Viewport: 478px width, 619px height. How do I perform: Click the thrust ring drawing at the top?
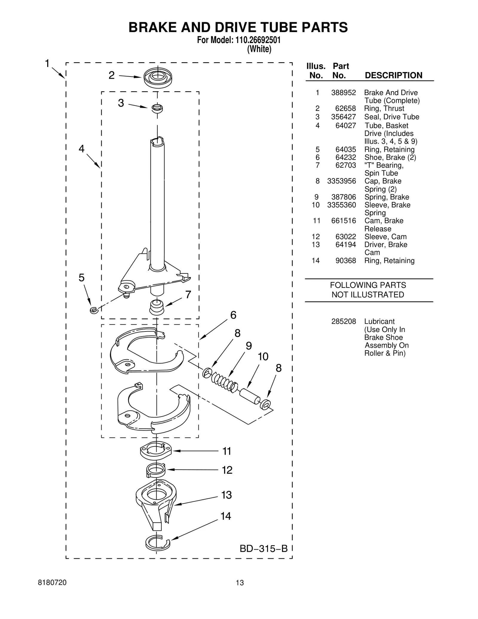click(158, 77)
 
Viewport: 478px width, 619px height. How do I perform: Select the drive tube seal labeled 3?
click(157, 108)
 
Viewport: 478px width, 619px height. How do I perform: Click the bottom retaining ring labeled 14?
click(157, 542)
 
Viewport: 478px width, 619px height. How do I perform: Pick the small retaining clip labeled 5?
click(94, 310)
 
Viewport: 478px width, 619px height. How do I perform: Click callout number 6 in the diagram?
click(233, 315)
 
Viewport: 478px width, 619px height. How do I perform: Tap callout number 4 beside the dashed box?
click(82, 149)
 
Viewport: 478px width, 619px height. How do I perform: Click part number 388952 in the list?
click(343, 93)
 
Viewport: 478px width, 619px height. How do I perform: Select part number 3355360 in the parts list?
click(341, 205)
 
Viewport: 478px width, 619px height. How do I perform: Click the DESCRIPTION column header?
click(393, 75)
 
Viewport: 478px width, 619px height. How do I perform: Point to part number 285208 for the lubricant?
click(344, 322)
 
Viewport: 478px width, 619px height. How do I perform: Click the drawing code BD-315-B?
click(263, 548)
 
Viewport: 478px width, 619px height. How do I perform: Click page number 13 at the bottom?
click(240, 583)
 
